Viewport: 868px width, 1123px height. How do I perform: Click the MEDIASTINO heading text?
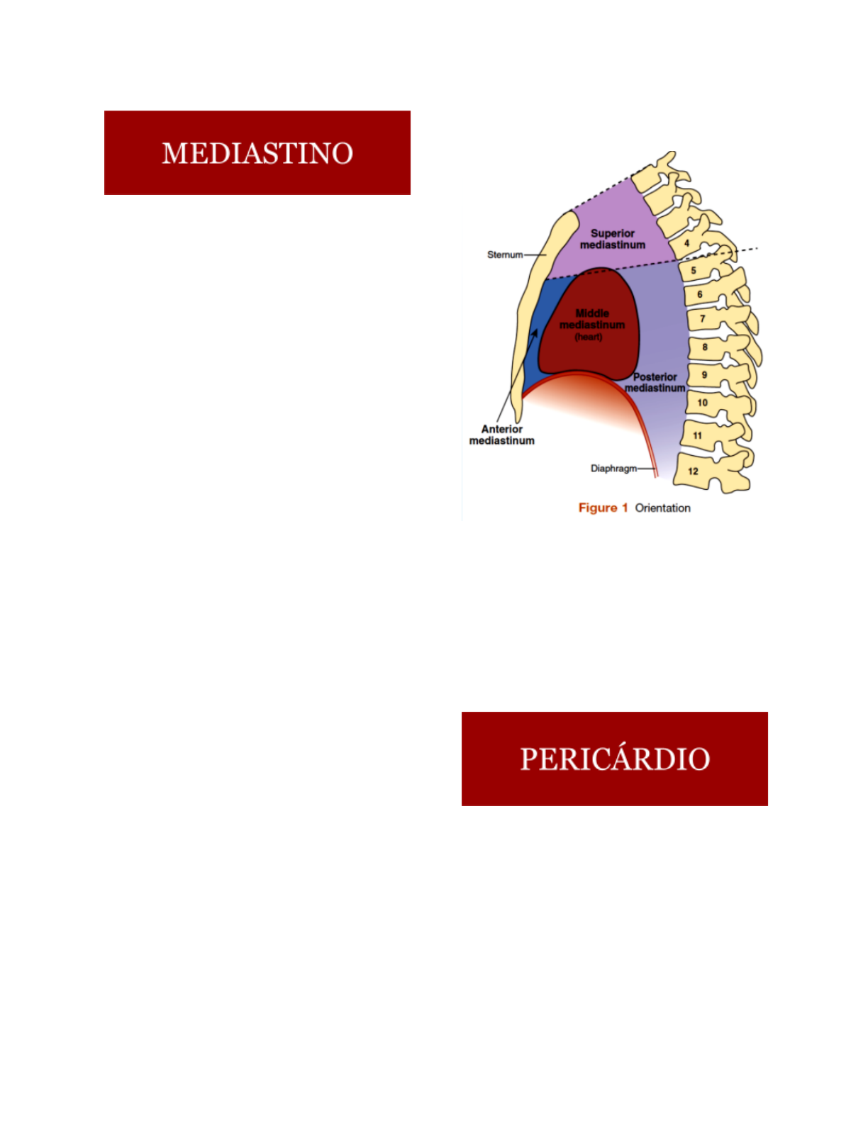click(x=257, y=153)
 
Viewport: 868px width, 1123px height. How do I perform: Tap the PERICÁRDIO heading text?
click(x=615, y=759)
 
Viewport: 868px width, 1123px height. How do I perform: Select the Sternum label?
click(x=504, y=255)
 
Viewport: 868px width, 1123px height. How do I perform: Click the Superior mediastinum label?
click(x=613, y=239)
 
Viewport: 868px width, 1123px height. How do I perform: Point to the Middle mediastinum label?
click(x=592, y=319)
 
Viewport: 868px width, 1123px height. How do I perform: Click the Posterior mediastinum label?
click(x=655, y=383)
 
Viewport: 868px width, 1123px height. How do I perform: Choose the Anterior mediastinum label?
click(x=501, y=435)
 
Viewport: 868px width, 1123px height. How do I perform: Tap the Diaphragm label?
click(x=613, y=469)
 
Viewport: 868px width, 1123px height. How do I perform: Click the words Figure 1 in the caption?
click(x=603, y=508)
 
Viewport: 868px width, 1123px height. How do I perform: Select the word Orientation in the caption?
click(x=662, y=508)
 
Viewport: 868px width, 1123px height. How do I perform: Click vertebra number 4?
click(x=686, y=243)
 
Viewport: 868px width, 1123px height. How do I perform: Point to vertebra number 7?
click(x=703, y=319)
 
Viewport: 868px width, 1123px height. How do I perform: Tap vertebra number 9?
click(x=704, y=375)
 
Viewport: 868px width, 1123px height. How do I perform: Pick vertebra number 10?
click(x=702, y=403)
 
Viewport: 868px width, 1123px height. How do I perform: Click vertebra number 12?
click(x=693, y=471)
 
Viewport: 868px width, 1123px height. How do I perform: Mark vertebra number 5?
click(x=694, y=270)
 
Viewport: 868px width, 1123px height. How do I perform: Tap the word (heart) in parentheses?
click(x=589, y=337)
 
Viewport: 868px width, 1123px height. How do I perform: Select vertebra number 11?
click(x=698, y=435)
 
